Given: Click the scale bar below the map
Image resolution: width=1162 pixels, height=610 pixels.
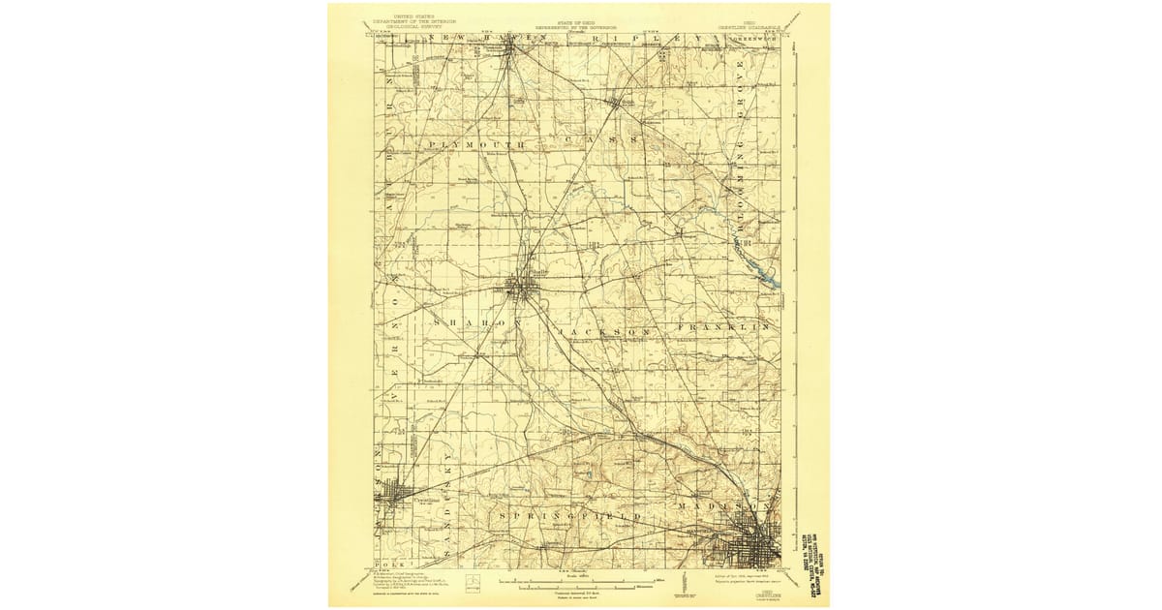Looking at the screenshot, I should coord(579,583).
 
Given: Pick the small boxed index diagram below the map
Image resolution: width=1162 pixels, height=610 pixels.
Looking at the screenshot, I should coord(472,580).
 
